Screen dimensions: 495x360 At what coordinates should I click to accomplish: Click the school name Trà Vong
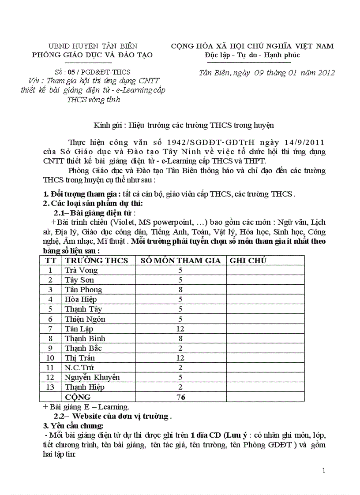[x=81, y=270]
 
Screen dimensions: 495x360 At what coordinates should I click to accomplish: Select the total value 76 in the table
[x=180, y=397]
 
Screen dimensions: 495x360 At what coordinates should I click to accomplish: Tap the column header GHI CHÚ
[x=248, y=261]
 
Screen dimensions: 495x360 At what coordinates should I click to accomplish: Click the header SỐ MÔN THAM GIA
[x=180, y=261]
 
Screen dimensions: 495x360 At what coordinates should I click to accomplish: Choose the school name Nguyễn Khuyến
[x=92, y=377]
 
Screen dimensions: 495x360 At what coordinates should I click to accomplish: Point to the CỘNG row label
[x=78, y=397]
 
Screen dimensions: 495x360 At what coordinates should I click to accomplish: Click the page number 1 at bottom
[x=324, y=470]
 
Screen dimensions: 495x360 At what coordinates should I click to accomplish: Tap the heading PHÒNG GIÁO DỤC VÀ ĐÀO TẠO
[x=92, y=55]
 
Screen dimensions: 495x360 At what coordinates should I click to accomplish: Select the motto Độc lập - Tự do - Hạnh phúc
[x=252, y=55]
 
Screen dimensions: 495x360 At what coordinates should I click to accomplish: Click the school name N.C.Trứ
[x=79, y=368]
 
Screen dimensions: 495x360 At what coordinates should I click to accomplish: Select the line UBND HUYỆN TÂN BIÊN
[x=93, y=46]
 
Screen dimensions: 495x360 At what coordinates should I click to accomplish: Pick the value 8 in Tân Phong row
[x=180, y=290]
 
